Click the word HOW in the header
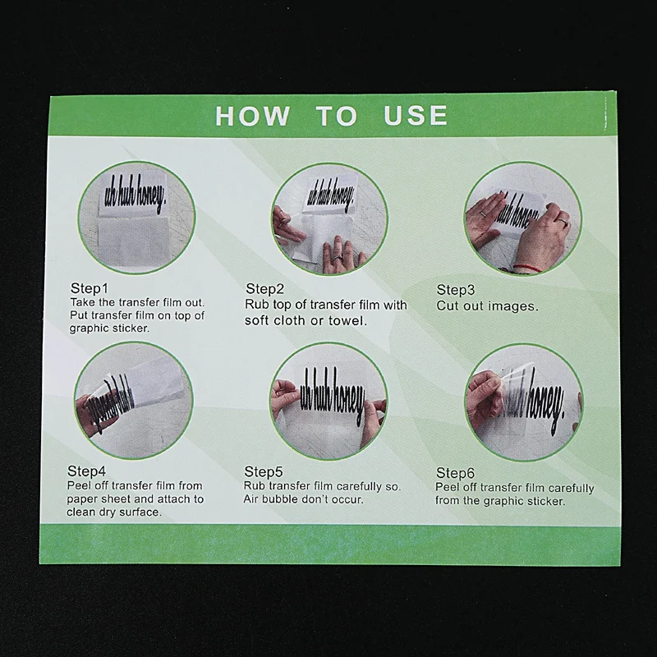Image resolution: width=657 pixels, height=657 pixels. [x=252, y=116]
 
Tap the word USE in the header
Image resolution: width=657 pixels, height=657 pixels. [x=416, y=115]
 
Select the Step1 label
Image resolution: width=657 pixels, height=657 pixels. [x=90, y=288]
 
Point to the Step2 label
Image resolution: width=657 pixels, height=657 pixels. [x=264, y=289]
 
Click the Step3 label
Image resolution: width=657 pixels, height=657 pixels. [x=456, y=290]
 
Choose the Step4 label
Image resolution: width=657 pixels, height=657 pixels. [x=86, y=471]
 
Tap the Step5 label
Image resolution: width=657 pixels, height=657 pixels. [x=264, y=471]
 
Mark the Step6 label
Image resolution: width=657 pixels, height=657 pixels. [x=455, y=473]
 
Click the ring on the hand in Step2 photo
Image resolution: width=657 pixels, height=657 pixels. [x=338, y=255]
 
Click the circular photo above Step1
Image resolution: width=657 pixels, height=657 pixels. [x=136, y=217]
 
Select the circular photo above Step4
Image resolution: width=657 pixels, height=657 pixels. [x=134, y=400]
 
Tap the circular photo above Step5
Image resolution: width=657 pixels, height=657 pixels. [x=328, y=401]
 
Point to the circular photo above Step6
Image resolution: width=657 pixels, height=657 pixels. [x=524, y=402]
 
